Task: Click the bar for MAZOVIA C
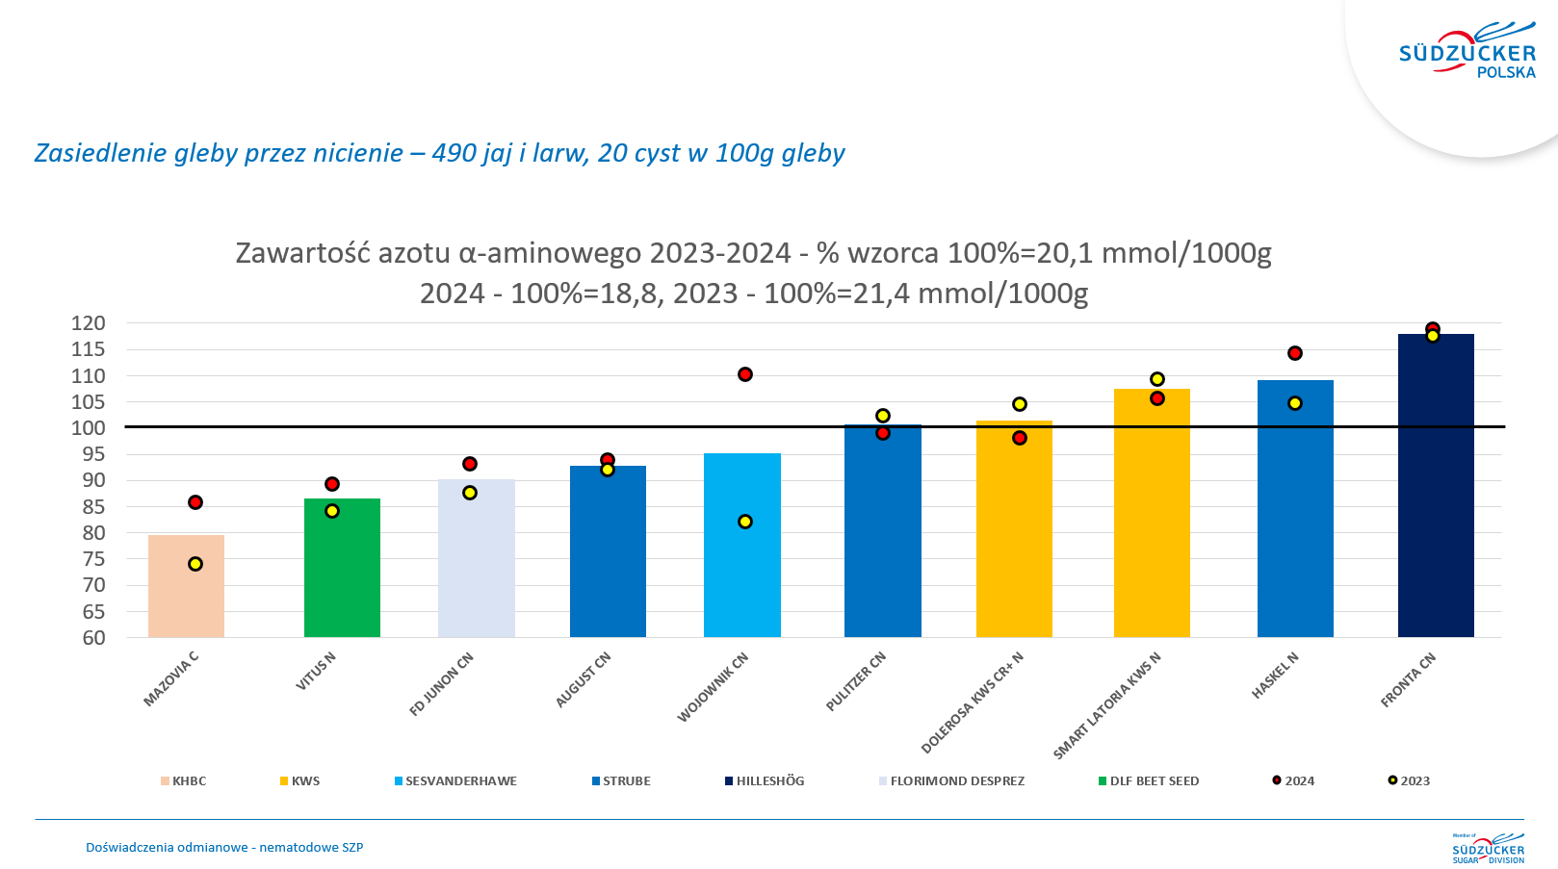point(186,587)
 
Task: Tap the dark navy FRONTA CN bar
point(1436,486)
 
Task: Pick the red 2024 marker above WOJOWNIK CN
point(745,374)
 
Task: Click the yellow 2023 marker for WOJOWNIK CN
point(745,522)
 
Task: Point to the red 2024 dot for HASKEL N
point(1295,353)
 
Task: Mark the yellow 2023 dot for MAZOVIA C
point(195,564)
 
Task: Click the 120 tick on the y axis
point(89,323)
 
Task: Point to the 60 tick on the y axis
point(93,637)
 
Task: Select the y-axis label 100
point(89,427)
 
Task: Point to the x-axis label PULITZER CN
point(856,681)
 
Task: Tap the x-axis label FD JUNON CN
point(441,684)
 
